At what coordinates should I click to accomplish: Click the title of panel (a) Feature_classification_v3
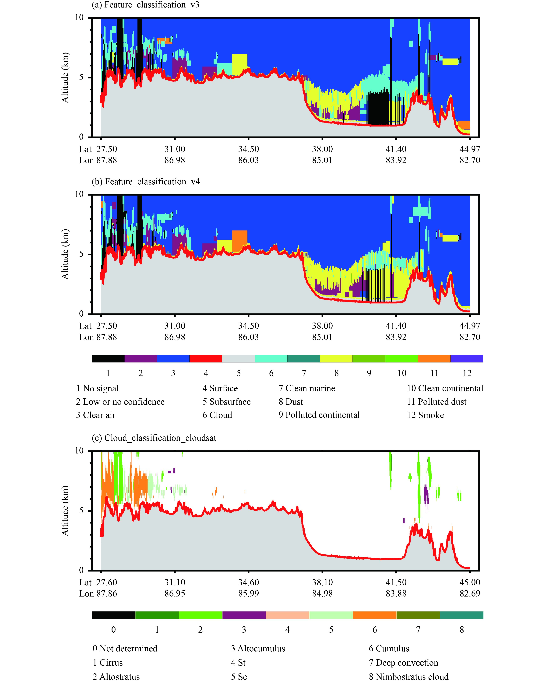pyautogui.click(x=145, y=5)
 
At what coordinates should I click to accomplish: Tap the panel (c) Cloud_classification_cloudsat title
pyautogui.click(x=154, y=438)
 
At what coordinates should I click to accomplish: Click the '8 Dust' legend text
pyautogui.click(x=291, y=402)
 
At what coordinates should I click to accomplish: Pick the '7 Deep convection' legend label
pyautogui.click(x=403, y=662)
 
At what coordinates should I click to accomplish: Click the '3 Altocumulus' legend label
pyautogui.click(x=258, y=649)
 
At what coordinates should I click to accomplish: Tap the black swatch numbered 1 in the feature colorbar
pyautogui.click(x=108, y=359)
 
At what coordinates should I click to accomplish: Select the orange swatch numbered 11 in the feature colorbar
pyautogui.click(x=434, y=359)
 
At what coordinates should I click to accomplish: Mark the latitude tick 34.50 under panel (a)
pyautogui.click(x=248, y=149)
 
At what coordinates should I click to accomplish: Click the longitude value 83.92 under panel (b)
pyautogui.click(x=396, y=337)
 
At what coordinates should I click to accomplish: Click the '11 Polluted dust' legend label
pyautogui.click(x=437, y=402)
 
